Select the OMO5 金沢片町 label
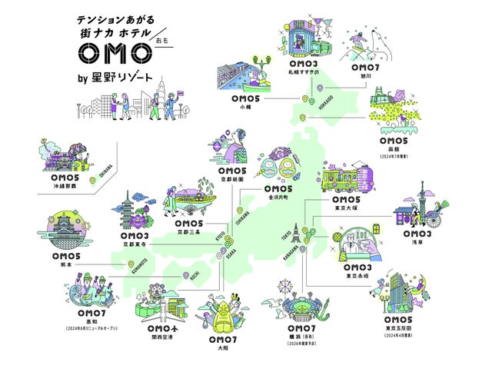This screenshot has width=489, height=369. (x=278, y=192)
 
